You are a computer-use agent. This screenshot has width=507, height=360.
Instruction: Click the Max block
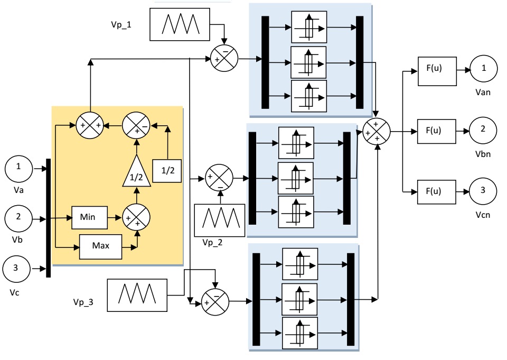tap(100, 246)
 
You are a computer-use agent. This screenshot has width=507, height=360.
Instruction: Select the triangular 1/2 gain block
tap(136, 173)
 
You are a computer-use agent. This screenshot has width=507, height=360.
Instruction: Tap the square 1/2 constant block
tap(166, 171)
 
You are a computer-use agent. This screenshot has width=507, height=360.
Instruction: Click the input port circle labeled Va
tap(20, 169)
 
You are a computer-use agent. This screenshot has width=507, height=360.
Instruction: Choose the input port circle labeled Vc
tap(16, 269)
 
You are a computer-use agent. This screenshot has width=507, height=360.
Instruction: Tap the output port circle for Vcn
tap(483, 190)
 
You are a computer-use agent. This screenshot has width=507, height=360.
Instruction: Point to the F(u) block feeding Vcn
tap(437, 190)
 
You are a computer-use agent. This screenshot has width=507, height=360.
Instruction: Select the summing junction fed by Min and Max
tap(136, 217)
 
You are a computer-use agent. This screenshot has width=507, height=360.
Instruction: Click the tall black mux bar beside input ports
tap(49, 218)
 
